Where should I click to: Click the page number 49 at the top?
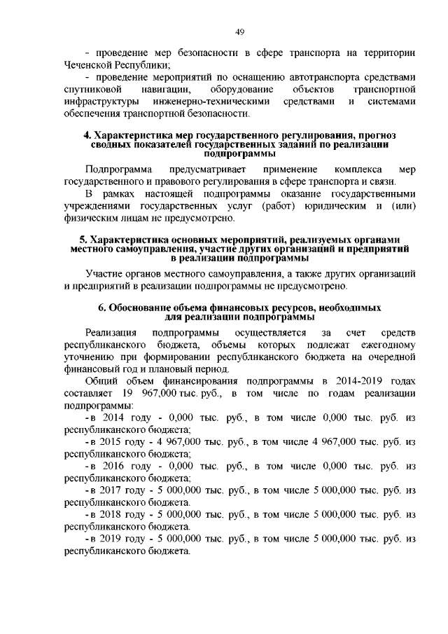(239, 32)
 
